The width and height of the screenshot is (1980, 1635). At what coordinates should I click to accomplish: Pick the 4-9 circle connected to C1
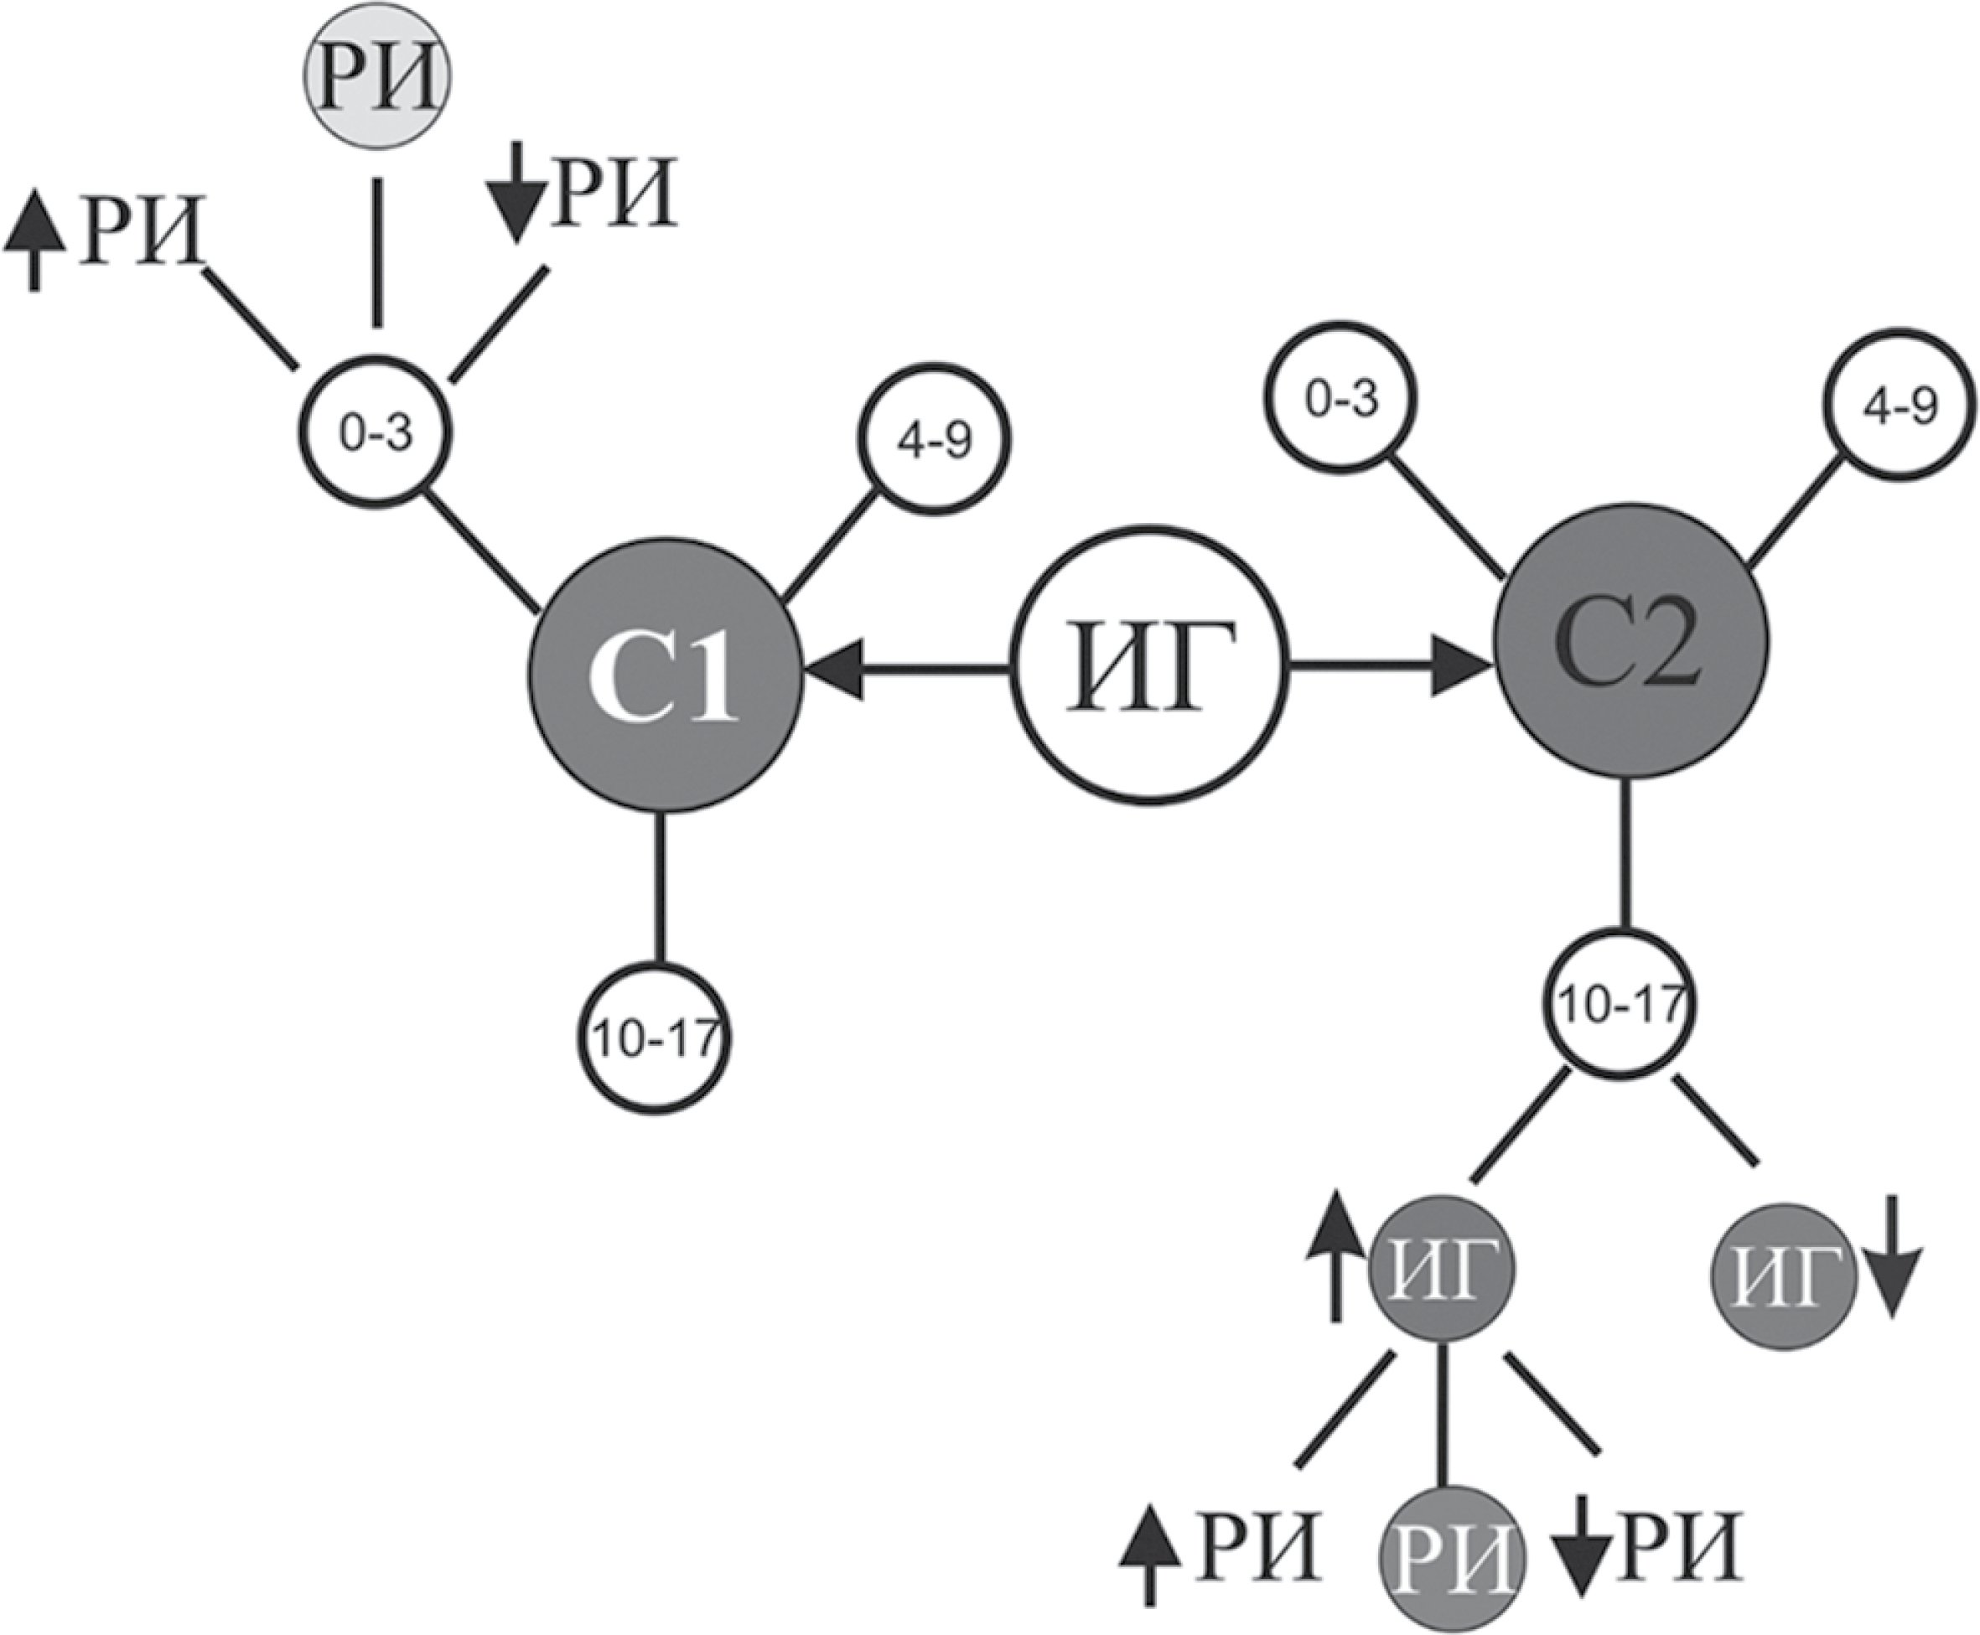pyautogui.click(x=934, y=439)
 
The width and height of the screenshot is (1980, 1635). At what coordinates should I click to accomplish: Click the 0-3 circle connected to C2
pyautogui.click(x=1340, y=400)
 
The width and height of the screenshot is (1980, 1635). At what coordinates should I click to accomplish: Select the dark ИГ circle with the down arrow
pyautogui.click(x=1782, y=1283)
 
